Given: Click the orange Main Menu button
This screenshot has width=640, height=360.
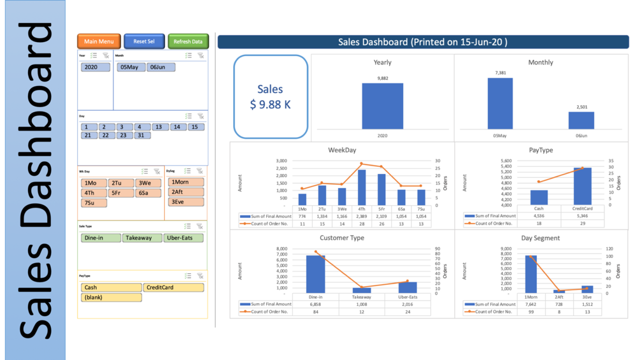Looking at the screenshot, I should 99,41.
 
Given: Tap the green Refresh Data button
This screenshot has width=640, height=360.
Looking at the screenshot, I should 188,41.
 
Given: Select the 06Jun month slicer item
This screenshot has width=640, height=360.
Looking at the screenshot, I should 160,67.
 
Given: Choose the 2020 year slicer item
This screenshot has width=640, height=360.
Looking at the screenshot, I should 96,67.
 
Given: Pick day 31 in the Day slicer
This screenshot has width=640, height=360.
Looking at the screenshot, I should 142,135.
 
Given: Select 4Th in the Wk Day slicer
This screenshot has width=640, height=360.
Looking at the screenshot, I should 94,193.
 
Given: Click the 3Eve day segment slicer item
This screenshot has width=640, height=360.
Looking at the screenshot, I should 185,202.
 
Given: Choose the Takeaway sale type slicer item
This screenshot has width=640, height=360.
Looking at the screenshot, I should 138,238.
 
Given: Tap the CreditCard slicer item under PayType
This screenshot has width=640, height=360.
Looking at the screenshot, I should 173,287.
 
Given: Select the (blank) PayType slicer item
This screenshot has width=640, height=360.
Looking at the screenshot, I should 111,298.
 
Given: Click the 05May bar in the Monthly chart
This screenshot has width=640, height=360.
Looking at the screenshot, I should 501,103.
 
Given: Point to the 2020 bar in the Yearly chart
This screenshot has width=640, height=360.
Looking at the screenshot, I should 382,106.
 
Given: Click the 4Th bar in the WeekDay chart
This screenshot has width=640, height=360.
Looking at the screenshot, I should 362,187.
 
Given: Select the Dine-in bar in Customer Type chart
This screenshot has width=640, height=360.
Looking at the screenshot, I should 315,274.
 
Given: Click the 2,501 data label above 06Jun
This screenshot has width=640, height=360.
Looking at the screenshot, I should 581,107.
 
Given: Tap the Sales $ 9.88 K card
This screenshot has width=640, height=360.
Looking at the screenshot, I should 270,97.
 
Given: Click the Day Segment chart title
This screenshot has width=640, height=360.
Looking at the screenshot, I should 541,238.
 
